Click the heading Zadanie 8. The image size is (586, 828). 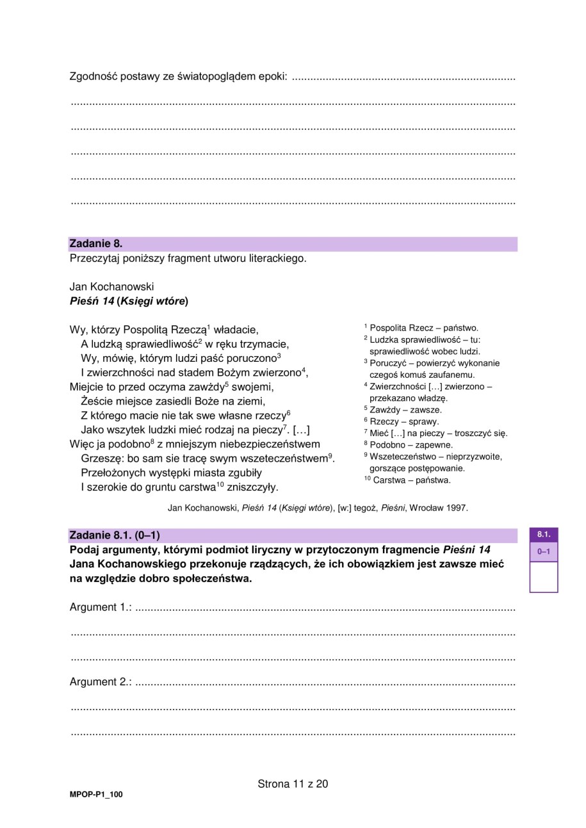(95, 243)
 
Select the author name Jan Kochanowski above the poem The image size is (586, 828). (111, 286)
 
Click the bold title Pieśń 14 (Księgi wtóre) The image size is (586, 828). (129, 300)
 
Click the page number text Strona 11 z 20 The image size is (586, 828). (293, 784)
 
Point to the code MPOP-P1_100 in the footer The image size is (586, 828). (96, 795)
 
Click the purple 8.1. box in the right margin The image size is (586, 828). (543, 534)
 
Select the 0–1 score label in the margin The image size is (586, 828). (543, 551)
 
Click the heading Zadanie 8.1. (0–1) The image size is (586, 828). (115, 535)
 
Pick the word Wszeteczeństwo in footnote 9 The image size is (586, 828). (402, 457)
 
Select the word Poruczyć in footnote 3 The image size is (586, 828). (388, 363)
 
